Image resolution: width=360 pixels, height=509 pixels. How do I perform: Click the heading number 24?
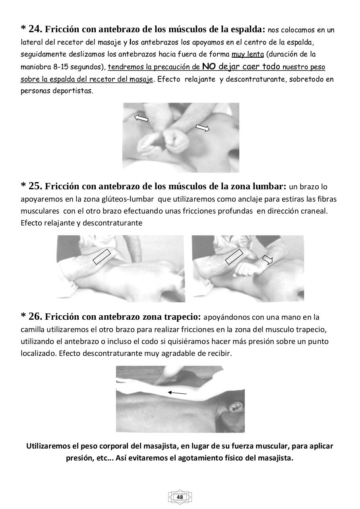(35, 29)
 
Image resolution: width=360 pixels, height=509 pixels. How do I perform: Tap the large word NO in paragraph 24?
(209, 66)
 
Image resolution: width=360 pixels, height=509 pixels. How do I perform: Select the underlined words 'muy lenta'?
(248, 54)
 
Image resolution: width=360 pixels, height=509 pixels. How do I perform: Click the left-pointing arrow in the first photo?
(141, 118)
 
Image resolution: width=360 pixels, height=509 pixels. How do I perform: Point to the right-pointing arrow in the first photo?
(203, 128)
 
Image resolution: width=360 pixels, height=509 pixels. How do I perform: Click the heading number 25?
(35, 186)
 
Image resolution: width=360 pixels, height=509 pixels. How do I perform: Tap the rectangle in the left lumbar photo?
(102, 256)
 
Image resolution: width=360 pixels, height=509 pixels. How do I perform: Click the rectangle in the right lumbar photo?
(234, 256)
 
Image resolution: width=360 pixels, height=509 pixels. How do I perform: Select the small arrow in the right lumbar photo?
(268, 260)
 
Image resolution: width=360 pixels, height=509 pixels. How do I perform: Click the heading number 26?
(35, 317)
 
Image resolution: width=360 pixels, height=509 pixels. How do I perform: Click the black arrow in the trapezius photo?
(177, 393)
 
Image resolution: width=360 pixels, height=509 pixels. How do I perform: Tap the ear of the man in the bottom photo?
(236, 408)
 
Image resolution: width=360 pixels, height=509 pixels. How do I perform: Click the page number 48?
(180, 497)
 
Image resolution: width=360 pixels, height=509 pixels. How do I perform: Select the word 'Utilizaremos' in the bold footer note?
(47, 446)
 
